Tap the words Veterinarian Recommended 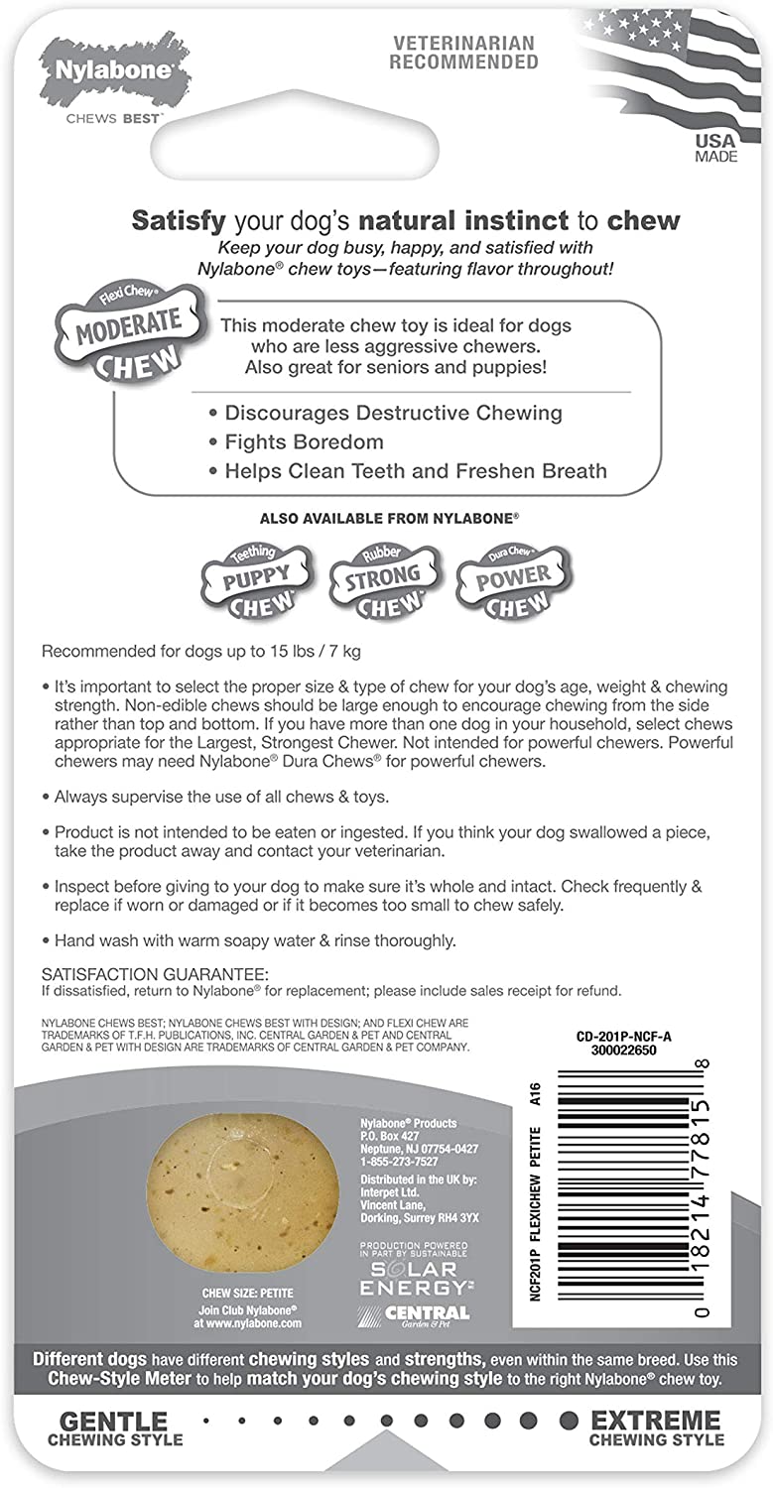pyautogui.click(x=463, y=53)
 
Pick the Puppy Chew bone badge pyautogui.click(x=256, y=579)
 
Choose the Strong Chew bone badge pyautogui.click(x=382, y=579)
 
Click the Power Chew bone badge pyautogui.click(x=512, y=579)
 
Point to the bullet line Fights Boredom pyautogui.click(x=304, y=441)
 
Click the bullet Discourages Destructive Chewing pyautogui.click(x=393, y=413)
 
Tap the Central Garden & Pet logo pyautogui.click(x=414, y=1315)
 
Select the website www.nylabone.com pyautogui.click(x=248, y=1322)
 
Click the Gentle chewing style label pyautogui.click(x=114, y=1428)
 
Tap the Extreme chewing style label pyautogui.click(x=657, y=1428)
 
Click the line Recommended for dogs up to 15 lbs pyautogui.click(x=204, y=653)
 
